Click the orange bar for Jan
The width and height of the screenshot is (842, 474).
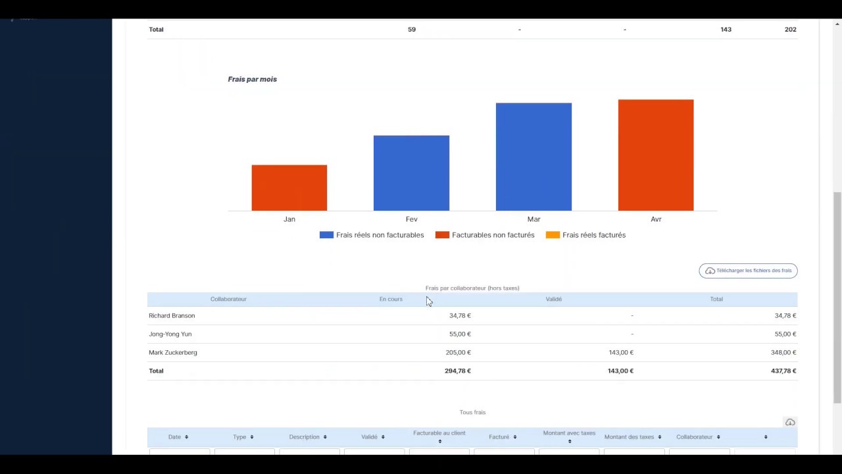289,188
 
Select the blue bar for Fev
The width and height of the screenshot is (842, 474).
411,173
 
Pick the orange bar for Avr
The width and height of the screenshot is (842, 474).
655,155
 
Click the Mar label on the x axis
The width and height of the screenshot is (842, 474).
533,219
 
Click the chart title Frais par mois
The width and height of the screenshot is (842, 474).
252,79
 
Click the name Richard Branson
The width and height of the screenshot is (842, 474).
172,315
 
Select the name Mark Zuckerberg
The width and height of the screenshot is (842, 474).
173,352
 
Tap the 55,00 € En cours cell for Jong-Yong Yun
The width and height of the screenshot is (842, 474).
460,334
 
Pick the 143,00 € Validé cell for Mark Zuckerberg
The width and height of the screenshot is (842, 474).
621,352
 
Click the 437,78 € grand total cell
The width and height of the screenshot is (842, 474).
783,371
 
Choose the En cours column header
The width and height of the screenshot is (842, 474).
391,299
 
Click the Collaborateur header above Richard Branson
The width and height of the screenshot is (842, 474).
228,299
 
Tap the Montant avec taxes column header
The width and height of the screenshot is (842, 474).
569,433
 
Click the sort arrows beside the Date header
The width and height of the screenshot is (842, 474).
186,437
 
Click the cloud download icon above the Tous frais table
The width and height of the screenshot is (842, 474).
790,422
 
